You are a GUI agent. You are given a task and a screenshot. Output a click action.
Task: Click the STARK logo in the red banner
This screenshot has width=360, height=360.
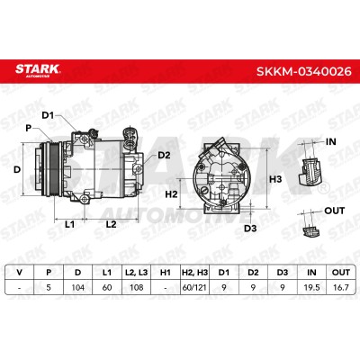point(38,70)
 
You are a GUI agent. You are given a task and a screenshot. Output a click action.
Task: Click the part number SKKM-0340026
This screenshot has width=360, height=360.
point(304,71)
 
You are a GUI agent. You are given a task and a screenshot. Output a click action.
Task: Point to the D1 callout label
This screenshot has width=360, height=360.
point(48,115)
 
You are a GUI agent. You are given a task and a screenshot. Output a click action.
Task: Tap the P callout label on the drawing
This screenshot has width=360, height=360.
point(29,128)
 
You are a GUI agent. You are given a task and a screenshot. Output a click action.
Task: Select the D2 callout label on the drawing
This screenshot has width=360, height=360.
point(164,155)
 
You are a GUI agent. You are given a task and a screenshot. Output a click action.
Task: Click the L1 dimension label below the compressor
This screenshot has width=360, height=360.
point(69,224)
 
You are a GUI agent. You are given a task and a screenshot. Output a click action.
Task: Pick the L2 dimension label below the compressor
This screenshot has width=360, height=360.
point(111,224)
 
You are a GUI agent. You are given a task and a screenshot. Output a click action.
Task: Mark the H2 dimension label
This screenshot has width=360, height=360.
point(172,194)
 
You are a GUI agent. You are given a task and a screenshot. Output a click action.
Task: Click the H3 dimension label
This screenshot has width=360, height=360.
point(275,179)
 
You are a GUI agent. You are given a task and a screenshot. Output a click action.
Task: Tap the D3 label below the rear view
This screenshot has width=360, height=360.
point(250,229)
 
